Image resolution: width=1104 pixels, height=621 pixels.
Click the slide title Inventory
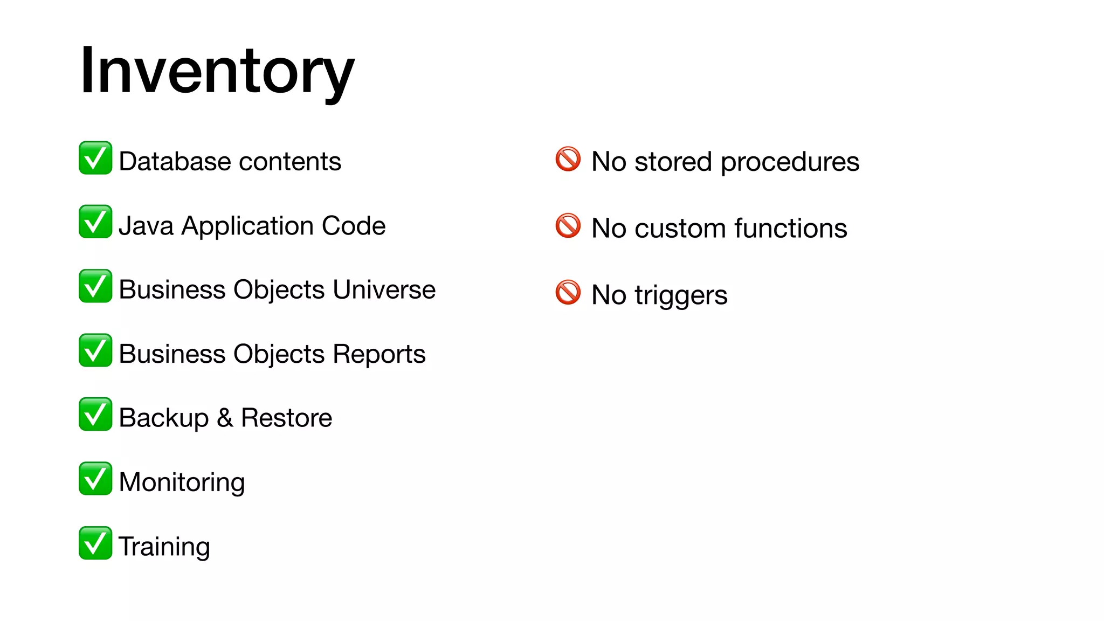coord(217,71)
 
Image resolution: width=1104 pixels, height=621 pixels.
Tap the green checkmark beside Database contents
coord(95,158)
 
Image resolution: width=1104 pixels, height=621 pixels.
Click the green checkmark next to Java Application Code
coord(95,222)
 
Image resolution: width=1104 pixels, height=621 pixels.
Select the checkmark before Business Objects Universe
coord(95,286)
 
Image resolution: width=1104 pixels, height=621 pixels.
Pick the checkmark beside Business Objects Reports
coord(95,350)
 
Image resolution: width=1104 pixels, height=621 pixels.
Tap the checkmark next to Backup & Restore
coord(95,414)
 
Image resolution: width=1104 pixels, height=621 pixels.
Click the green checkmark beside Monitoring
coord(95,478)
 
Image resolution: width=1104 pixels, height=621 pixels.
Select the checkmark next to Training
coord(95,543)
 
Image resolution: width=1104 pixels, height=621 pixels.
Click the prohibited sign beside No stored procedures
coord(568,159)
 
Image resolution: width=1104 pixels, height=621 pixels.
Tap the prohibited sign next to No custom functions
coord(568,226)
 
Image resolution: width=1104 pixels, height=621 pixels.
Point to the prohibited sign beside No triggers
coord(568,292)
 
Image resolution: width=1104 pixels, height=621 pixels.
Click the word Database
coord(175,162)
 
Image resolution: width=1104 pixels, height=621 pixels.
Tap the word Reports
coord(379,355)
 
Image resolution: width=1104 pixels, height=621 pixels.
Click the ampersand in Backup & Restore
coord(225,418)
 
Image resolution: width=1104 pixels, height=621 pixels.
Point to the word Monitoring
coord(182,482)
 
